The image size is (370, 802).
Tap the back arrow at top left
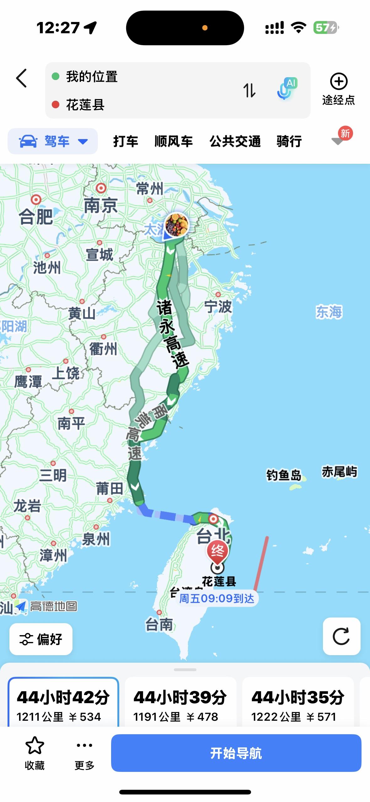click(x=21, y=78)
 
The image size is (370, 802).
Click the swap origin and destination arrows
click(x=249, y=90)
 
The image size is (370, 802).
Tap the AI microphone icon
click(x=287, y=89)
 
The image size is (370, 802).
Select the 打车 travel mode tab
click(x=126, y=141)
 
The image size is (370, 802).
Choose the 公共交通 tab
click(x=235, y=141)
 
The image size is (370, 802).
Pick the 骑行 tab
click(x=289, y=141)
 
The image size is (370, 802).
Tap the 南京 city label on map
click(x=100, y=206)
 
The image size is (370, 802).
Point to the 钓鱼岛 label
click(x=284, y=475)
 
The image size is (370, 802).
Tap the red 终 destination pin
click(x=217, y=551)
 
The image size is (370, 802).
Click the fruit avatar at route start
click(x=177, y=224)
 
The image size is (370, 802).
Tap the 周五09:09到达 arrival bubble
click(x=217, y=598)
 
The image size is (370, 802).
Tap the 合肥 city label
click(x=36, y=217)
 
